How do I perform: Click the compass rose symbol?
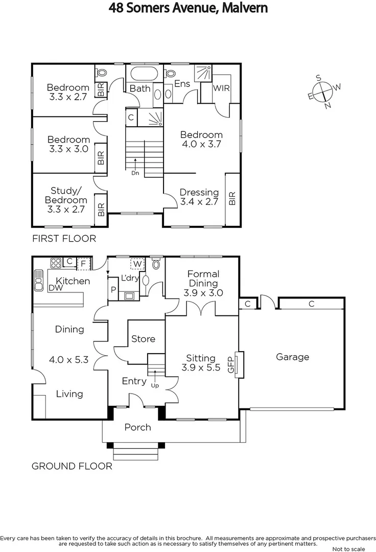point(323,92)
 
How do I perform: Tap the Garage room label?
point(292,357)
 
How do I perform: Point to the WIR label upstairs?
point(221,88)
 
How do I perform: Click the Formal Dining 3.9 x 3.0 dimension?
point(203,293)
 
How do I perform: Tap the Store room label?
point(143,339)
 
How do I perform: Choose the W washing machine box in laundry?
point(137,264)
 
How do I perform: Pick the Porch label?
point(137,427)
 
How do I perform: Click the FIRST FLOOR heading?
point(64,238)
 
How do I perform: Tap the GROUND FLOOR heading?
point(72,466)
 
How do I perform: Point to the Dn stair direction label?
point(135,173)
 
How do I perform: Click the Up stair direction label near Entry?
point(155,385)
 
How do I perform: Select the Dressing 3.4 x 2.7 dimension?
point(199,201)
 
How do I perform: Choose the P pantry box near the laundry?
point(113,289)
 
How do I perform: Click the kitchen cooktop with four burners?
point(55,264)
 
